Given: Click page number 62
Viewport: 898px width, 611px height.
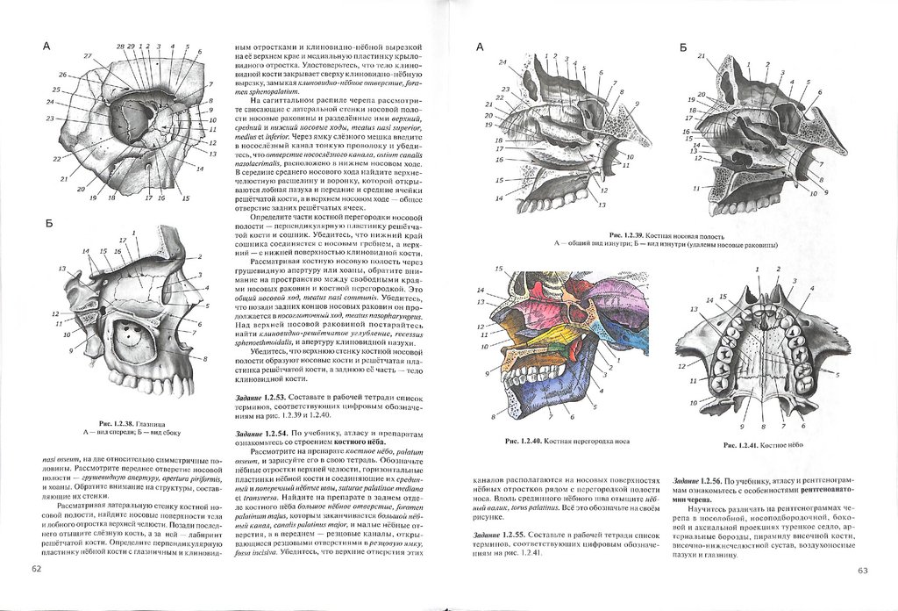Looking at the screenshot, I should click(36, 570).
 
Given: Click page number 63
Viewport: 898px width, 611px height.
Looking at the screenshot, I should click(861, 571).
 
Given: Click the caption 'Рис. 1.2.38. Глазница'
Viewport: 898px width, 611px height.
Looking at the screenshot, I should click(129, 422).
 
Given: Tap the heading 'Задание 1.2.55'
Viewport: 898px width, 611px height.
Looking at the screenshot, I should click(497, 536).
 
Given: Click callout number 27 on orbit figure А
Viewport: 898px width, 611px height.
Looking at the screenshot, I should click(88, 56).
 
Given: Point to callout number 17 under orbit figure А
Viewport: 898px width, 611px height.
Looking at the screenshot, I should click(150, 198).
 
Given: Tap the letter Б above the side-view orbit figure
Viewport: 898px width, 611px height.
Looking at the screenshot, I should click(49, 224).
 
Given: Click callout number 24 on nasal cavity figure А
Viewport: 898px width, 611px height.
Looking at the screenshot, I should click(502, 62).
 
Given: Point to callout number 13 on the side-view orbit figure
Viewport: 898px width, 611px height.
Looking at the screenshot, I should click(61, 269).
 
